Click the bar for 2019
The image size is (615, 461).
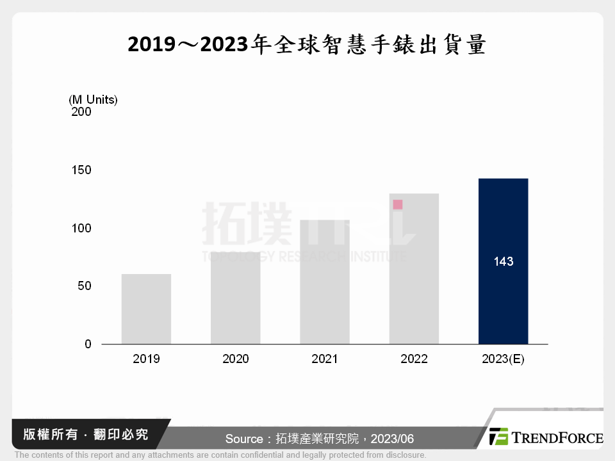point(146,309)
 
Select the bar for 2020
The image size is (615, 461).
point(235,298)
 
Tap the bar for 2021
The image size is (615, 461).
point(325,282)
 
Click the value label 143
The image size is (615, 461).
point(503,262)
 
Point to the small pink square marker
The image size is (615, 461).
point(398,205)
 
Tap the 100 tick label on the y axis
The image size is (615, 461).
point(81,229)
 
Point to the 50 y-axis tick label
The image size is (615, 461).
point(84,286)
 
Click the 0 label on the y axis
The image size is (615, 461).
point(88,344)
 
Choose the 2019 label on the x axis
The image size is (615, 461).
point(146,359)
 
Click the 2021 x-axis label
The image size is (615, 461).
point(325,359)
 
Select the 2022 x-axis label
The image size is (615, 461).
point(414,359)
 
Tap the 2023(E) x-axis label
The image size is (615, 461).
point(503,359)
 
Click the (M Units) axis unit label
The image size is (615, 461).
point(93,100)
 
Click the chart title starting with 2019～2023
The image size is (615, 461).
point(307,46)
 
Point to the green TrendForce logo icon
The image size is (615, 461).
point(498,437)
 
